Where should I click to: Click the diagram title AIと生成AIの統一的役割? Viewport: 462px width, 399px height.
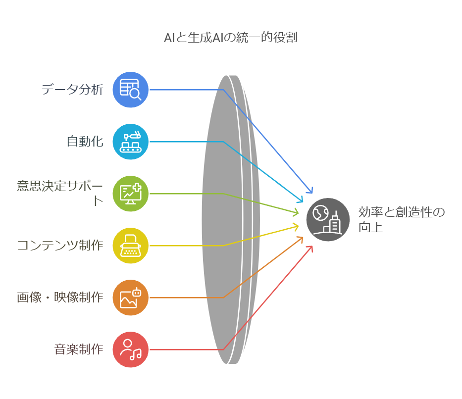(230, 38)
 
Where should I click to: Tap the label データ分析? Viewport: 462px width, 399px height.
(72, 90)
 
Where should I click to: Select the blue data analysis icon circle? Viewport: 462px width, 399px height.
(131, 90)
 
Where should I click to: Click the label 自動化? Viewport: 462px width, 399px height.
(85, 142)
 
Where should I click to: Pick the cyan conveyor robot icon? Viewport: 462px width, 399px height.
(131, 142)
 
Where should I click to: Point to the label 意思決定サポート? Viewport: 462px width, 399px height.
(60, 193)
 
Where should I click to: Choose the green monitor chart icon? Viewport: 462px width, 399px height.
(131, 194)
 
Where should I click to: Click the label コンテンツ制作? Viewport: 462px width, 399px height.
(60, 245)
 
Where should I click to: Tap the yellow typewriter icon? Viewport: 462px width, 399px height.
(131, 246)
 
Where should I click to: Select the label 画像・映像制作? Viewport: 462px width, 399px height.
(60, 298)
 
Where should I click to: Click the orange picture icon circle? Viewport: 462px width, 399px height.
(131, 298)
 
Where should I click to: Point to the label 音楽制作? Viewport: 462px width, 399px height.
(79, 349)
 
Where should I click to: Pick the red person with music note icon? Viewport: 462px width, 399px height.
(131, 349)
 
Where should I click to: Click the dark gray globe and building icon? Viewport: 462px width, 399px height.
(328, 220)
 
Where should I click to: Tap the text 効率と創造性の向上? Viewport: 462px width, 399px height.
(401, 220)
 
